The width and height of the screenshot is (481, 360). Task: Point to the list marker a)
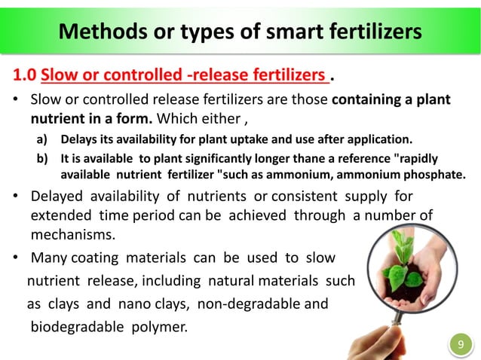pyautogui.click(x=45, y=139)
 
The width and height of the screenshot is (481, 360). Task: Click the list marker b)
pyautogui.click(x=45, y=158)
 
